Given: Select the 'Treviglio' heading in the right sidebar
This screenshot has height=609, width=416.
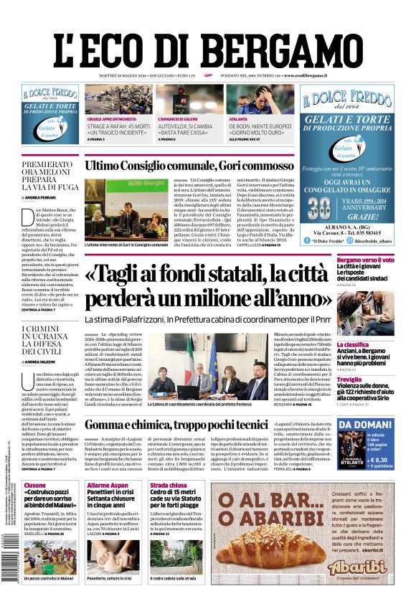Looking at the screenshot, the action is [350, 379].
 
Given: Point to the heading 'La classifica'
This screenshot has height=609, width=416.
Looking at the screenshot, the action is [354, 344].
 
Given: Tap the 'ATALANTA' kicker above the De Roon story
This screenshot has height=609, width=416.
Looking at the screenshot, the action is [238, 117].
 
